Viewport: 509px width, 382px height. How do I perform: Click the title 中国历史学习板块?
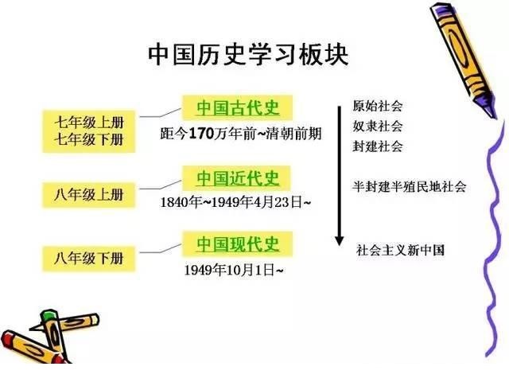(x=248, y=55)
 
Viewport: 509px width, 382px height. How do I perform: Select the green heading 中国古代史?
(x=238, y=108)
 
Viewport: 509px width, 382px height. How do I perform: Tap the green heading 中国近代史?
(x=238, y=178)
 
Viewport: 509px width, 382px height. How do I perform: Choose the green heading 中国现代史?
(x=238, y=244)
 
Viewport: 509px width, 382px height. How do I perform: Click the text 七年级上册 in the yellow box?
(x=89, y=123)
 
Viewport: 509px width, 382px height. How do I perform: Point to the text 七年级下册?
(x=89, y=140)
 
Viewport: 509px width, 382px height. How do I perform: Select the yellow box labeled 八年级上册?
(x=88, y=195)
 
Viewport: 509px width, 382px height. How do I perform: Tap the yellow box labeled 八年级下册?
(x=88, y=259)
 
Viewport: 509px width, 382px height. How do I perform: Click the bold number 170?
(x=201, y=134)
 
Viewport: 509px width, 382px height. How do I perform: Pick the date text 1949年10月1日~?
(x=234, y=270)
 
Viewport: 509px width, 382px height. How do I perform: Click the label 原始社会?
(x=378, y=106)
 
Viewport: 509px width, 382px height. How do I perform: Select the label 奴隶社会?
(x=378, y=126)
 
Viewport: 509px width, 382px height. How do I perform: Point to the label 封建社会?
(x=378, y=146)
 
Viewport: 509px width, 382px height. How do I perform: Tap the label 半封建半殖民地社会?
(x=410, y=186)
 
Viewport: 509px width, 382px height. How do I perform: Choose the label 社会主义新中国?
(x=400, y=250)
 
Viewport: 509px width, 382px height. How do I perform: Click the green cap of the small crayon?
(x=49, y=315)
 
